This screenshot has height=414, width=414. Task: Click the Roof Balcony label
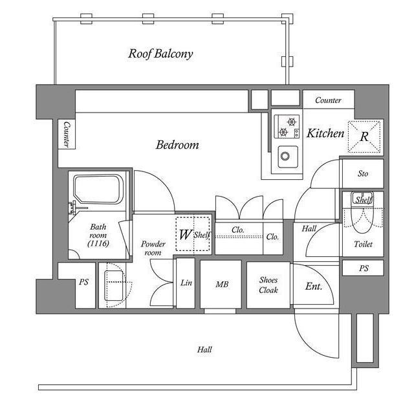click(160, 54)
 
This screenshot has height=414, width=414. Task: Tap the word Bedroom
click(177, 145)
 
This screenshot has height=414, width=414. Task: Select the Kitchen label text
click(325, 134)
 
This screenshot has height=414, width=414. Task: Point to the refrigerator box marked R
click(364, 136)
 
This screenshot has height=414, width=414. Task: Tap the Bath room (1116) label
click(98, 235)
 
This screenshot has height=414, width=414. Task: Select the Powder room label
click(153, 248)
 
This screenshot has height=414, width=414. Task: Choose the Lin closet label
click(186, 283)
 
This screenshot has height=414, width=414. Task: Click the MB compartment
click(221, 283)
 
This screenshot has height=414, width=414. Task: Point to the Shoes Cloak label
click(268, 285)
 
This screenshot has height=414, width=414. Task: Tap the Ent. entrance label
click(313, 285)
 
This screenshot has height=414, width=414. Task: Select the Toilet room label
click(363, 245)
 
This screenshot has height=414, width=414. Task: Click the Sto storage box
click(362, 173)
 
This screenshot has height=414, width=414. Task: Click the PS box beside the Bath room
click(84, 283)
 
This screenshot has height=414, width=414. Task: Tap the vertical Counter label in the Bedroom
click(67, 135)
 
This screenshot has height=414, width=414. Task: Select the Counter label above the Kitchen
click(329, 100)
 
